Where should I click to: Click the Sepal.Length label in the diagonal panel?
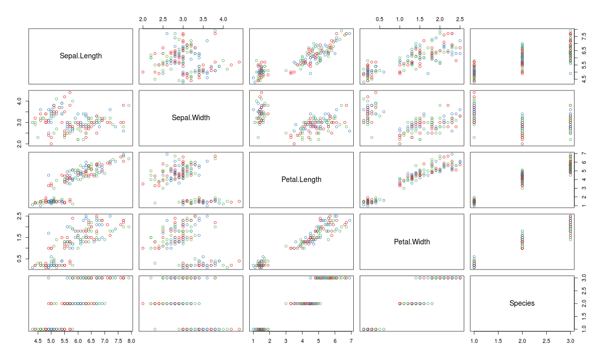80,56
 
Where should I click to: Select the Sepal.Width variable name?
191,118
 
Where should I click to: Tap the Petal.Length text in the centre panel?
301,179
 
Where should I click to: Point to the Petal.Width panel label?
412,242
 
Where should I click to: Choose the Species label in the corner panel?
522,303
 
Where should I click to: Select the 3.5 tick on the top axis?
203,19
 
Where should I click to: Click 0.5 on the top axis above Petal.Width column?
380,19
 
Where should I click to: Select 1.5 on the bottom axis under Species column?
498,341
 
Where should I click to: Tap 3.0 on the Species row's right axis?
584,278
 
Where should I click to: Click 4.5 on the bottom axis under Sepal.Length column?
38,341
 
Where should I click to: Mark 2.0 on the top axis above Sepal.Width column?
143,19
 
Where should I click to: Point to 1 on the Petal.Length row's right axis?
584,206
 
